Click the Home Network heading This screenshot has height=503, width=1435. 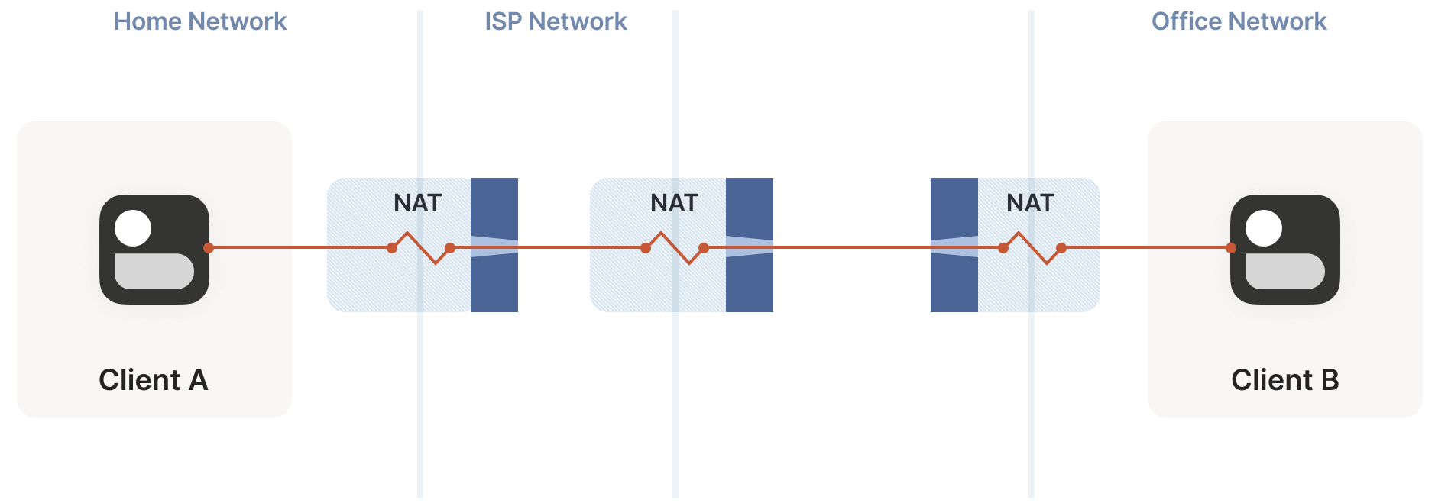point(199,21)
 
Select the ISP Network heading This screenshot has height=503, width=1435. point(556,21)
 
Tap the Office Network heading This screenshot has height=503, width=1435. point(1239,21)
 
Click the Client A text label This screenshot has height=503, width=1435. point(153,379)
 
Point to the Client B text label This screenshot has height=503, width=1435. point(1284,379)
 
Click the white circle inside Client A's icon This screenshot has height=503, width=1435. point(133,228)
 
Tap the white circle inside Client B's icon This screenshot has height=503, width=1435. point(1264,228)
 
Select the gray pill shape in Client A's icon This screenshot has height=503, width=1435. point(154,271)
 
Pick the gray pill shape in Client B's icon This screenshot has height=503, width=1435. point(1285,271)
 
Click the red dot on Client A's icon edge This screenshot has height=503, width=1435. point(209,248)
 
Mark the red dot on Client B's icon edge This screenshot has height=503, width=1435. point(1231,248)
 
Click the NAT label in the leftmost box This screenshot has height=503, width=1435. point(417,203)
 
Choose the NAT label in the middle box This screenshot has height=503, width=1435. point(674,203)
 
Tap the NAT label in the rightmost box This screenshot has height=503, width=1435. point(1030,203)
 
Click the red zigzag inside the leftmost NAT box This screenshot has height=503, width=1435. point(421,247)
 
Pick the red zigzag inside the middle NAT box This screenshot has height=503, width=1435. point(675,247)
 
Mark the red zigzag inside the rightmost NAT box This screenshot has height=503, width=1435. point(1032,247)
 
